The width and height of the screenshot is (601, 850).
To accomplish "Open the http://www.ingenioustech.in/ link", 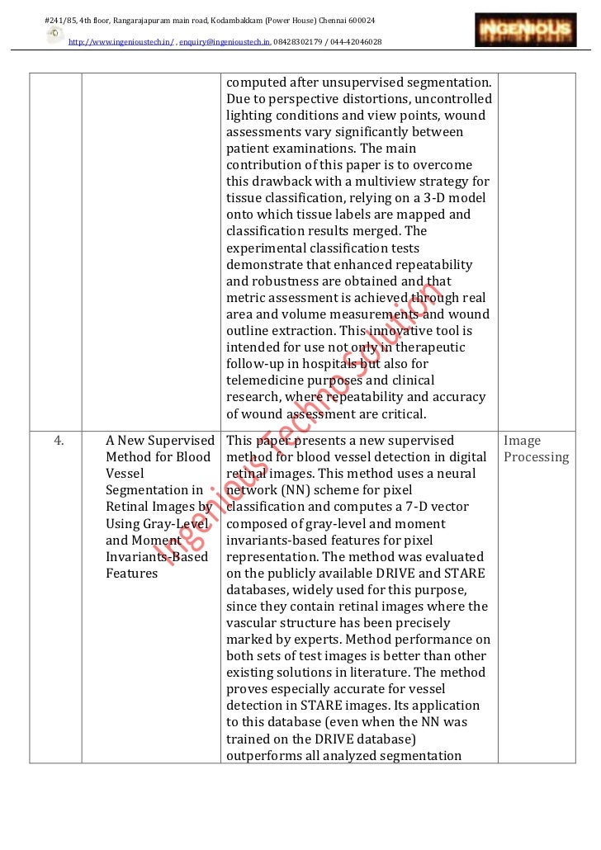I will tap(121, 41).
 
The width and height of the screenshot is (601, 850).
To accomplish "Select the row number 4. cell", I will tap(59, 441).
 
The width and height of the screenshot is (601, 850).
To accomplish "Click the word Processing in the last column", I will tap(537, 457).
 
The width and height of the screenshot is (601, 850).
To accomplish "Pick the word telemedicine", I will tap(266, 380).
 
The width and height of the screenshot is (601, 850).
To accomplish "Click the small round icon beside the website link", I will tap(54, 34).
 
